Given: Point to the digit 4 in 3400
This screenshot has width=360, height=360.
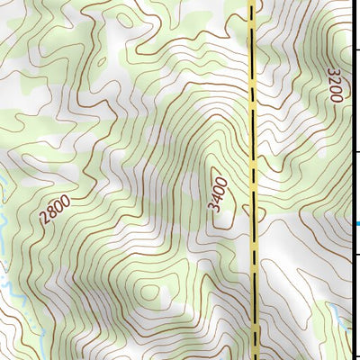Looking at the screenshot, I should click(x=216, y=196).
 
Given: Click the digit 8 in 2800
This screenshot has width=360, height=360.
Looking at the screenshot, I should click(x=50, y=215).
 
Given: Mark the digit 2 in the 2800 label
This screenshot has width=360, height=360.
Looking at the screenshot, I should click(x=44, y=220).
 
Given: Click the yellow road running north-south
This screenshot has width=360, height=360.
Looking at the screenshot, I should click(x=253, y=135).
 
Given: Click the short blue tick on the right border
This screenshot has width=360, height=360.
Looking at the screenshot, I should click(x=356, y=224).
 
